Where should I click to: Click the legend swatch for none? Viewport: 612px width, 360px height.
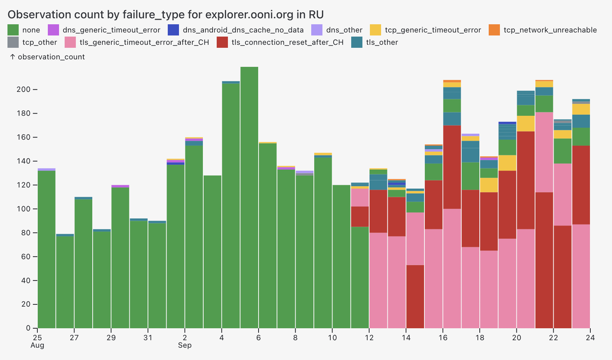coord(13,30)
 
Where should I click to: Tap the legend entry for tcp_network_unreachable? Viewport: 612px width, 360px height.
coord(550,30)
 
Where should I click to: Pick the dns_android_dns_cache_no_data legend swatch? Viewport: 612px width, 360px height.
coord(173,30)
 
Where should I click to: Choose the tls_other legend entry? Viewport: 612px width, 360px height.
coord(382,42)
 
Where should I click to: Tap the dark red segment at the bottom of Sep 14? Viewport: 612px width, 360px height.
coord(415,297)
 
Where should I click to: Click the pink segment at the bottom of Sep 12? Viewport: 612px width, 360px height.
coord(378,280)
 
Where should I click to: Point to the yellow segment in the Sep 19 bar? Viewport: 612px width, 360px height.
coord(507,163)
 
